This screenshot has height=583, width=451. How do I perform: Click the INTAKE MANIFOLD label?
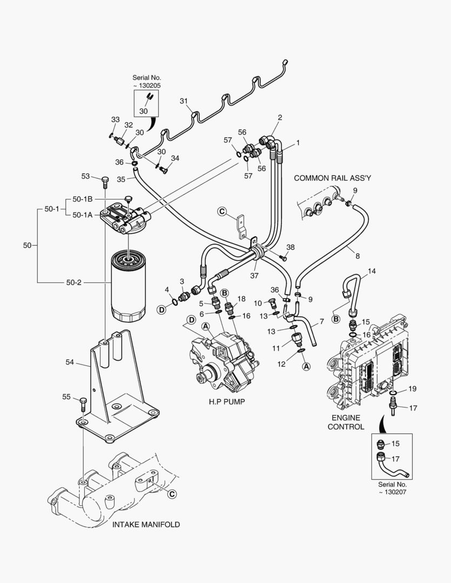pyautogui.click(x=146, y=524)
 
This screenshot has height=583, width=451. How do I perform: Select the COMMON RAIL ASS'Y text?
pyautogui.click(x=333, y=178)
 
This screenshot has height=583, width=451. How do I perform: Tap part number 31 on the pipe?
pyautogui.click(x=184, y=101)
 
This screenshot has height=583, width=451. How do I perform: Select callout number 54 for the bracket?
pyautogui.click(x=70, y=362)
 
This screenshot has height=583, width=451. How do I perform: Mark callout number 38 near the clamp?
pyautogui.click(x=291, y=247)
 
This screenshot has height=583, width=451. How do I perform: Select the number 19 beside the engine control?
pyautogui.click(x=412, y=388)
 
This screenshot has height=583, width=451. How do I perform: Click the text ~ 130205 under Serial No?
pyautogui.click(x=147, y=85)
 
